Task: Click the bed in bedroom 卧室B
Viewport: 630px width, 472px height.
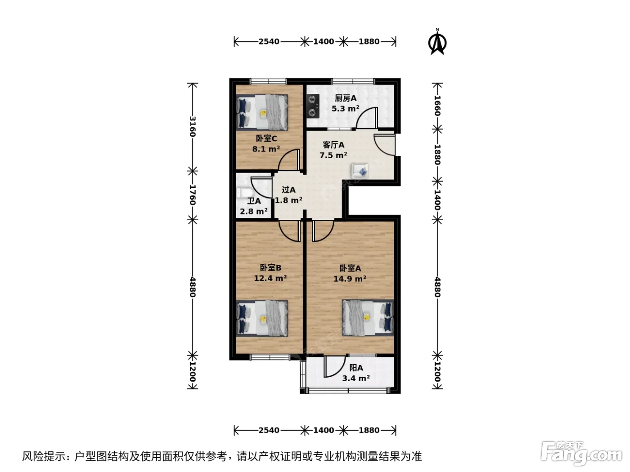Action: (262, 318)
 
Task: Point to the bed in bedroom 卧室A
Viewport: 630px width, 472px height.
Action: (368, 317)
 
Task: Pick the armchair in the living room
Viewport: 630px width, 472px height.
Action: (360, 171)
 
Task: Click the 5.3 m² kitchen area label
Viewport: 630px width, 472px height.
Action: (345, 109)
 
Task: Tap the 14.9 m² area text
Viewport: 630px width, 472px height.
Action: (350, 278)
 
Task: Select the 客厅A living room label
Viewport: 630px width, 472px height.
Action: (333, 145)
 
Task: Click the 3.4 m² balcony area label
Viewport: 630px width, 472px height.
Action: (355, 378)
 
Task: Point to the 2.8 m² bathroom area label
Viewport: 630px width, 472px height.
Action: (254, 211)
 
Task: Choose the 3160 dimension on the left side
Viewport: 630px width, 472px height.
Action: (192, 126)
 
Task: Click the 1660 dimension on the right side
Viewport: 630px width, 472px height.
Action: (437, 106)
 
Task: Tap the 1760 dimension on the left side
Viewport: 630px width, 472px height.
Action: (192, 195)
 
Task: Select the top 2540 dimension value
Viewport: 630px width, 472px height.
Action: (269, 41)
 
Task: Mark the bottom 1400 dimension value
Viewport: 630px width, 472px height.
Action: (324, 430)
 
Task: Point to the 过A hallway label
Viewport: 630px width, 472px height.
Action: (288, 190)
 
